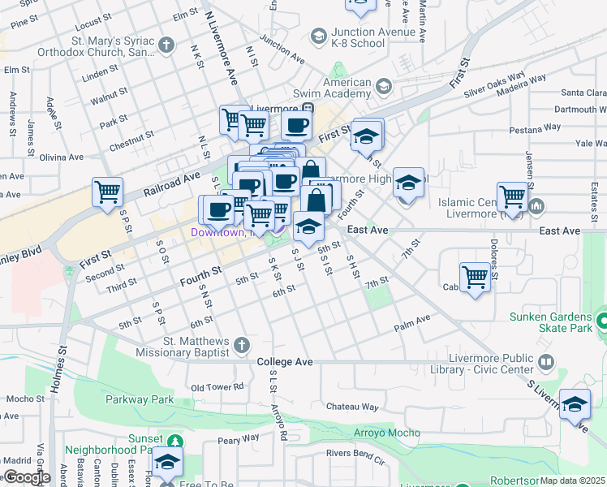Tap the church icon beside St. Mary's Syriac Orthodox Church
[x=167, y=45]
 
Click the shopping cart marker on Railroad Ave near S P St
[x=107, y=193]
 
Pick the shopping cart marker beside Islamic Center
[x=513, y=196]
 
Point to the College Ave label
[x=285, y=361]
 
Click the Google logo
[x=26, y=477]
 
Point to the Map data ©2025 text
[x=572, y=481]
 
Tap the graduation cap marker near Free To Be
[x=167, y=463]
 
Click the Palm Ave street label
[x=411, y=322]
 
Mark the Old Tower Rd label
[x=217, y=387]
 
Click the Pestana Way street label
[x=535, y=127]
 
